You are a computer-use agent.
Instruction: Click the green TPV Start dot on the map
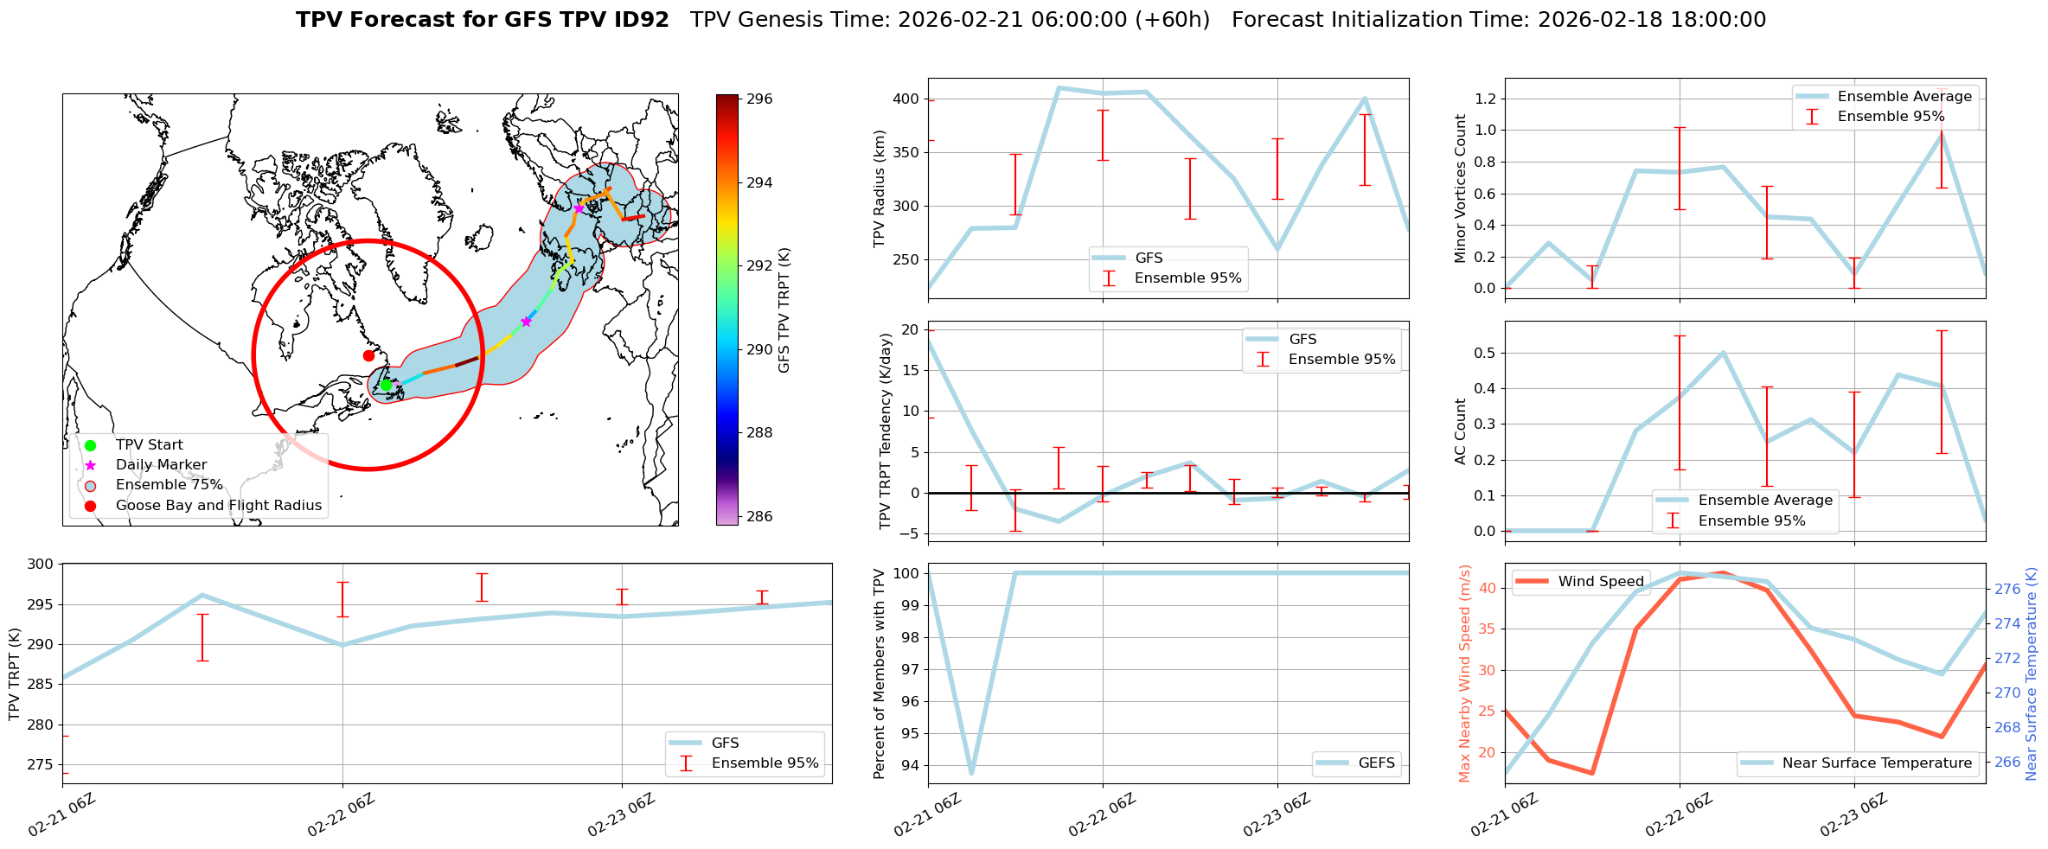coord(386,386)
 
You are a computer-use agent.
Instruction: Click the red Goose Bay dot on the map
coord(368,355)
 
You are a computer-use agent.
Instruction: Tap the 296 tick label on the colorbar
coord(759,99)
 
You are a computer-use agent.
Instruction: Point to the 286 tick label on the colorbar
coord(759,517)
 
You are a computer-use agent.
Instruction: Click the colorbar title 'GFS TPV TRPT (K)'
coord(784,310)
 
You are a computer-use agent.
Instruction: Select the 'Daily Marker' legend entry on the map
coord(161,465)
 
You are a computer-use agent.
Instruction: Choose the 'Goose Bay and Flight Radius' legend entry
coord(218,506)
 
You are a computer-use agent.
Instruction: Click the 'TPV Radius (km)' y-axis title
coord(880,188)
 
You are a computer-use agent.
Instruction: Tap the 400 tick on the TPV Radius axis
coord(906,99)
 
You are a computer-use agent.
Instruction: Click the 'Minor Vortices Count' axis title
coord(1461,188)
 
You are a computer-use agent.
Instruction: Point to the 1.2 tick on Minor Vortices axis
coord(1484,99)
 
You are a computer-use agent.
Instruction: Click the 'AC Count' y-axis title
coord(1461,431)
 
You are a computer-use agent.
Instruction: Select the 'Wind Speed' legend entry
coord(1600,582)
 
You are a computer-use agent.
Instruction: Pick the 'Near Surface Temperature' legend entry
coord(1877,763)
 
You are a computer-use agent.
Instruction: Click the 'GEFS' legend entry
coord(1376,763)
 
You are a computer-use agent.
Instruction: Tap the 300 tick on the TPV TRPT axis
coord(42,565)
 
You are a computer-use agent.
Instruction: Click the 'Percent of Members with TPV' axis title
coord(880,673)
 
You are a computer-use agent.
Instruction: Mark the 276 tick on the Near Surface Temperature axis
coord(2007,590)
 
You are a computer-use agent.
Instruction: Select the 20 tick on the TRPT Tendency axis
coord(910,330)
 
